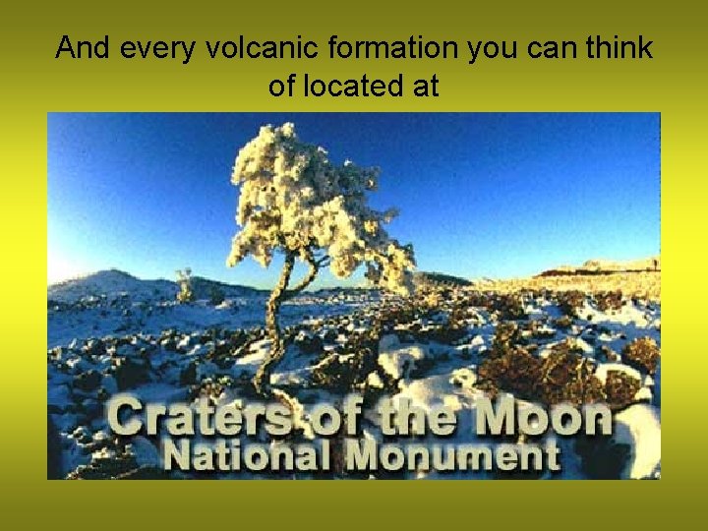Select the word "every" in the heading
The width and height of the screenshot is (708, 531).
[x=125, y=48]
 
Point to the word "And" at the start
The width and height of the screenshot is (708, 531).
[x=77, y=48]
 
